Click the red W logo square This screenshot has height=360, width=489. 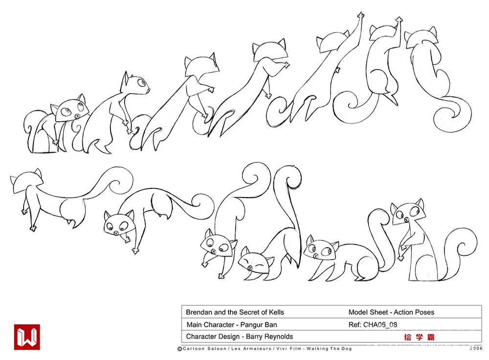pyautogui.click(x=27, y=337)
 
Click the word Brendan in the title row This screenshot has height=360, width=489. pyautogui.click(x=199, y=312)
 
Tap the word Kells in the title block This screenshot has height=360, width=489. pyautogui.click(x=277, y=312)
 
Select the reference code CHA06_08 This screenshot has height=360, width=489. pyautogui.click(x=380, y=325)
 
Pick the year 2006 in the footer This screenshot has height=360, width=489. pyautogui.click(x=476, y=348)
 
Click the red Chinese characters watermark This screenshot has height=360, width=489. pyautogui.click(x=419, y=337)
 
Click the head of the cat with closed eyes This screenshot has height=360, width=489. pyautogui.click(x=254, y=265)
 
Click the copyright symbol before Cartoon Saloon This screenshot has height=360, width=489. pyautogui.click(x=179, y=349)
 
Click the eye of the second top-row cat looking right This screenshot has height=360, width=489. pyautogui.click(x=142, y=83)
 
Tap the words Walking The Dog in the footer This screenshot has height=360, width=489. pyautogui.click(x=329, y=348)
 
